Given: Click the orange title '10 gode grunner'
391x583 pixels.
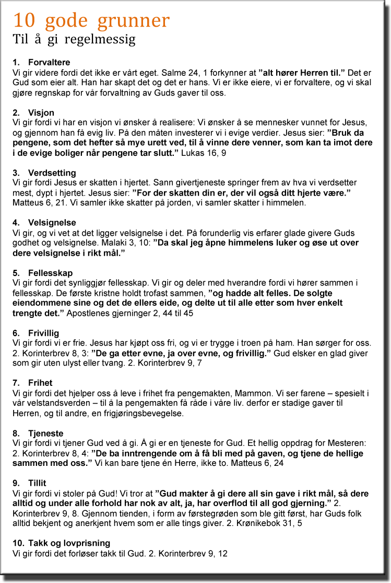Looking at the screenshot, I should [x=91, y=20].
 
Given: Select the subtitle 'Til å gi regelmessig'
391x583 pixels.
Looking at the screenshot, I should [x=74, y=39].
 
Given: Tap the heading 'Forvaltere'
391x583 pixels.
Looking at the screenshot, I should [x=49, y=63].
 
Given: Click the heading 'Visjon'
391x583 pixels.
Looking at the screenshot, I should [x=41, y=113].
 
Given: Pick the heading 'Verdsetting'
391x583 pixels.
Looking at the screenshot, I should [x=52, y=173].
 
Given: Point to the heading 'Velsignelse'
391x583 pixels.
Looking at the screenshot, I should [x=52, y=223].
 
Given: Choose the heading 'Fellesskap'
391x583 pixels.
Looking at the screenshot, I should [x=50, y=273].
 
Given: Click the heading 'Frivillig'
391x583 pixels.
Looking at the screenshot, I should [x=43, y=333].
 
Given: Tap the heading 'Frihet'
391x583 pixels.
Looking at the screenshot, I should [x=41, y=383].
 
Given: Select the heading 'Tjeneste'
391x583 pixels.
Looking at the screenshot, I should [x=45, y=433].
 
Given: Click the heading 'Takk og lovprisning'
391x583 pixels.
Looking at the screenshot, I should [x=68, y=543].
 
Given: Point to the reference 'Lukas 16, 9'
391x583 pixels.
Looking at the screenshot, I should [x=204, y=153].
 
